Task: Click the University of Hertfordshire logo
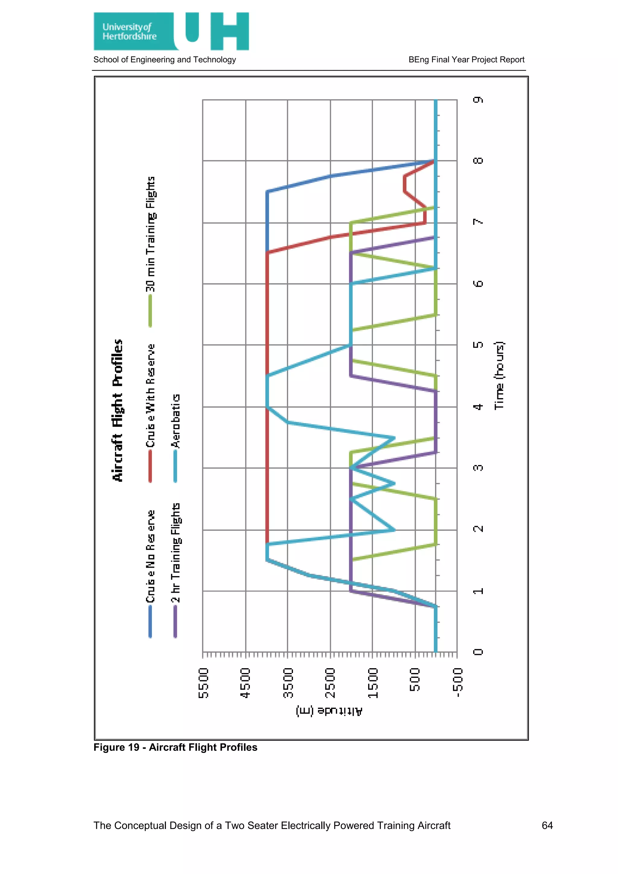(x=171, y=31)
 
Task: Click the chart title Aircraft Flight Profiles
(x=118, y=410)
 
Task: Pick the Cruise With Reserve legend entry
(x=151, y=396)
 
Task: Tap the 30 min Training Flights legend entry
(x=151, y=234)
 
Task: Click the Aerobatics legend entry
(x=175, y=421)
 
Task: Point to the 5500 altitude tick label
(x=204, y=683)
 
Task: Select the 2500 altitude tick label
(x=330, y=683)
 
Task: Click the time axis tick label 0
(x=478, y=652)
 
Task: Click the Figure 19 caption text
(x=175, y=747)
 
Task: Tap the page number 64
(x=547, y=825)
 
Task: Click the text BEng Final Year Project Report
(x=466, y=60)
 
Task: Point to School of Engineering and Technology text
(x=164, y=60)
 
